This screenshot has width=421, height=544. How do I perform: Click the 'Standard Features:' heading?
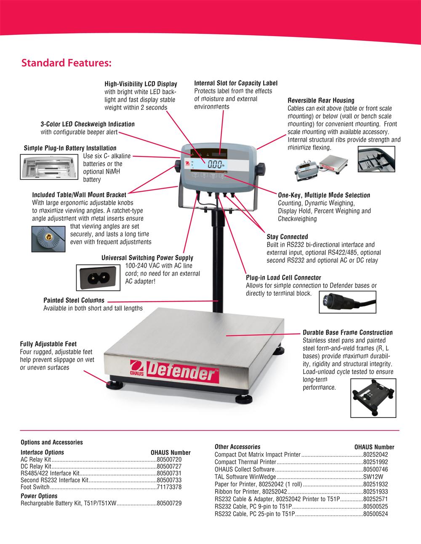tap(66, 63)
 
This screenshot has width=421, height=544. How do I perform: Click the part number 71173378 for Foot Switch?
tap(169, 487)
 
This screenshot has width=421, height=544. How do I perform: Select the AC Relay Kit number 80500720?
tap(169, 459)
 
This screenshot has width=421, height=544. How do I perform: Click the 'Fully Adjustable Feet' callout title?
tap(48, 344)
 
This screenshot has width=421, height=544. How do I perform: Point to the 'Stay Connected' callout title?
tap(287, 237)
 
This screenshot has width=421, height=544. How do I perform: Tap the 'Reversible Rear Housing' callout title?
tap(321, 100)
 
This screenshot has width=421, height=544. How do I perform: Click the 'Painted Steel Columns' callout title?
tap(74, 300)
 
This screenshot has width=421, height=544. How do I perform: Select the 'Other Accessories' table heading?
tap(237, 446)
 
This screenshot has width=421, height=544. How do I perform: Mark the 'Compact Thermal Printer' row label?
tap(245, 462)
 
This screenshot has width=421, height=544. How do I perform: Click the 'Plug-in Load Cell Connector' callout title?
tap(283, 277)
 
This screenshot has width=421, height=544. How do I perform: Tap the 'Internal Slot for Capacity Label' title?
tap(236, 83)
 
